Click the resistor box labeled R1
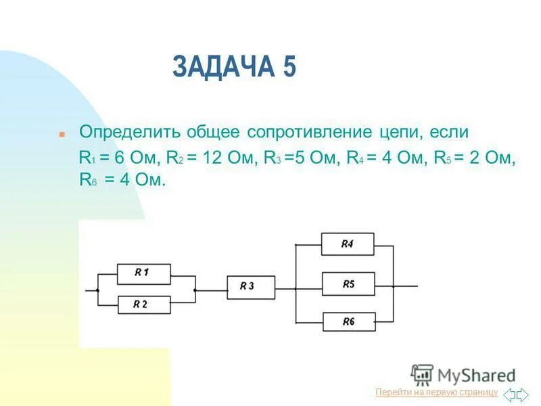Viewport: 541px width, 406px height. (143, 274)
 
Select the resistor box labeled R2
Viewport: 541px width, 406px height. (144, 304)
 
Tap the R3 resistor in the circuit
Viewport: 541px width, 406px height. (251, 287)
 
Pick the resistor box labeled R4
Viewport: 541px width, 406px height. (348, 244)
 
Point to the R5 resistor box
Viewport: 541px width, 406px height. (348, 284)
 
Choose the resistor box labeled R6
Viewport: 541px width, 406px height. (349, 322)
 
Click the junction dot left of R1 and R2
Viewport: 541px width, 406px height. (97, 291)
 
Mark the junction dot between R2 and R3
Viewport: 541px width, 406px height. (195, 290)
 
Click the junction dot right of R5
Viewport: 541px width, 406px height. (394, 286)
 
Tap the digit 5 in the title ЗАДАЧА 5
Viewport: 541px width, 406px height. (290, 66)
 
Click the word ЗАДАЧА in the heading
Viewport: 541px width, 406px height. (224, 66)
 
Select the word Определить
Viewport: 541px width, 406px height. (130, 132)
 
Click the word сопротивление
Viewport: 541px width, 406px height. (310, 132)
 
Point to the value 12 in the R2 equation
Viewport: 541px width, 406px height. (212, 158)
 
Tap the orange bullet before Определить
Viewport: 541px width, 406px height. (62, 134)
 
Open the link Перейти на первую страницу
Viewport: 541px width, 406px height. (436, 392)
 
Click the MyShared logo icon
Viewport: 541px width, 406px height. (421, 375)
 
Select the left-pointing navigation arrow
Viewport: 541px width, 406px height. (509, 394)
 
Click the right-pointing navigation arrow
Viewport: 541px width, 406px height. (522, 394)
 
